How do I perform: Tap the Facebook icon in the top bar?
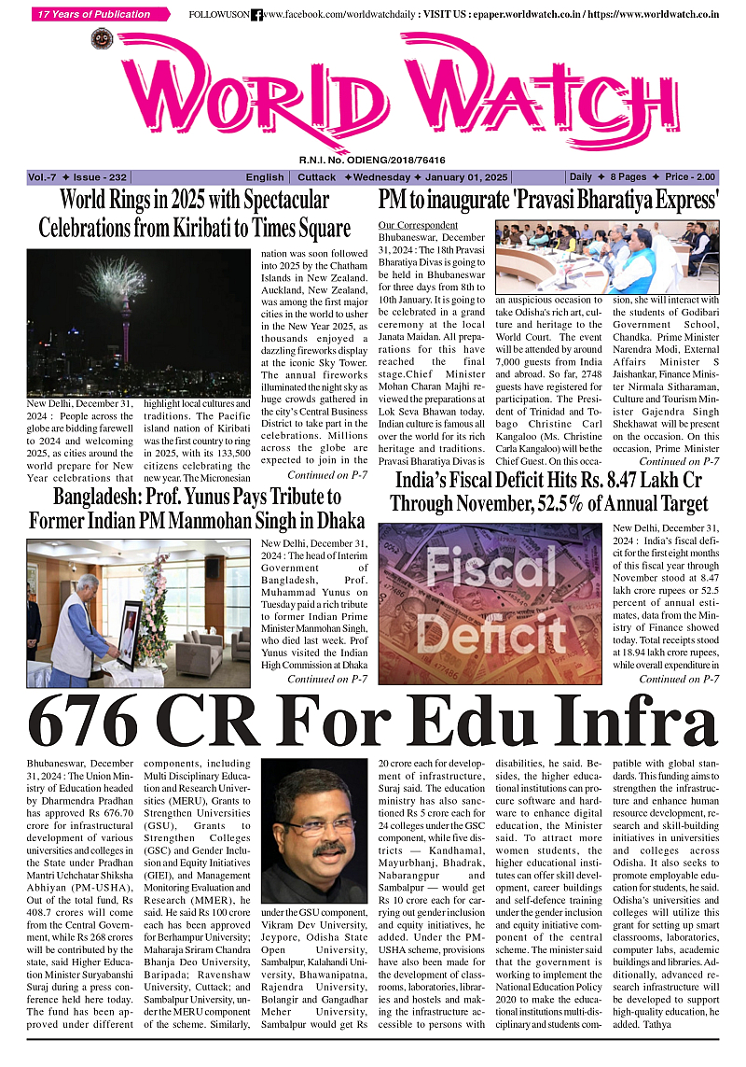point(256,15)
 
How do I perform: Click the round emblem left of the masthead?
point(102,39)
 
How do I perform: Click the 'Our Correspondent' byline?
point(418,226)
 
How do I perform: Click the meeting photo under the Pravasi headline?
point(607,257)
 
